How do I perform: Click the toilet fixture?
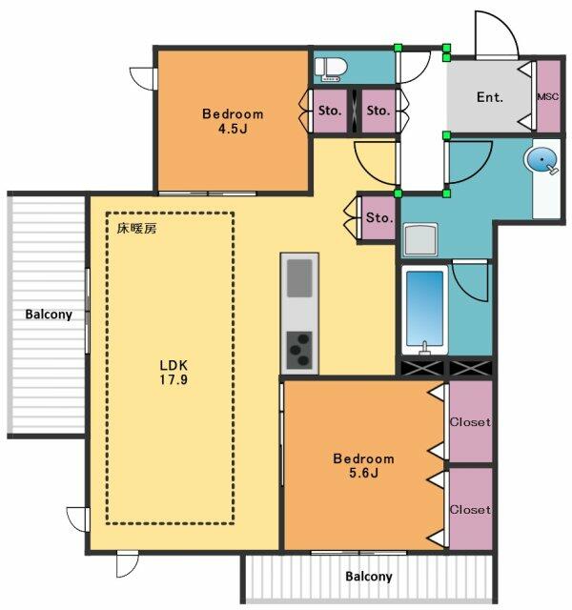tap(331, 70)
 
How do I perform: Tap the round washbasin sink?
tap(541, 159)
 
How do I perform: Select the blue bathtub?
tap(424, 310)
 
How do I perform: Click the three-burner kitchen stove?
tap(299, 350)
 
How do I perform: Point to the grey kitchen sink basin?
tap(299, 277)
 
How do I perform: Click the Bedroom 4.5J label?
tap(233, 121)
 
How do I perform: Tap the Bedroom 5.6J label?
tap(363, 465)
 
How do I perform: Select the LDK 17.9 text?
tap(174, 372)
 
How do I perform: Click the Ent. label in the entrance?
tap(490, 97)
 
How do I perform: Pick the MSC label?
tap(548, 96)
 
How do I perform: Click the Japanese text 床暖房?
tap(136, 229)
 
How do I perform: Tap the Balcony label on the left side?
tap(49, 315)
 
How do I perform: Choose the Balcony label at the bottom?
tap(369, 576)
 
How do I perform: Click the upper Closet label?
tap(470, 421)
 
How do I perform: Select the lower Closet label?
tap(470, 509)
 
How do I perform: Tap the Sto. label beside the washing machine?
tap(379, 217)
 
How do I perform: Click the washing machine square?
tap(420, 239)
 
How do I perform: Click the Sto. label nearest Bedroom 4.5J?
tap(330, 111)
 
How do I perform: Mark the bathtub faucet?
tap(424, 347)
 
